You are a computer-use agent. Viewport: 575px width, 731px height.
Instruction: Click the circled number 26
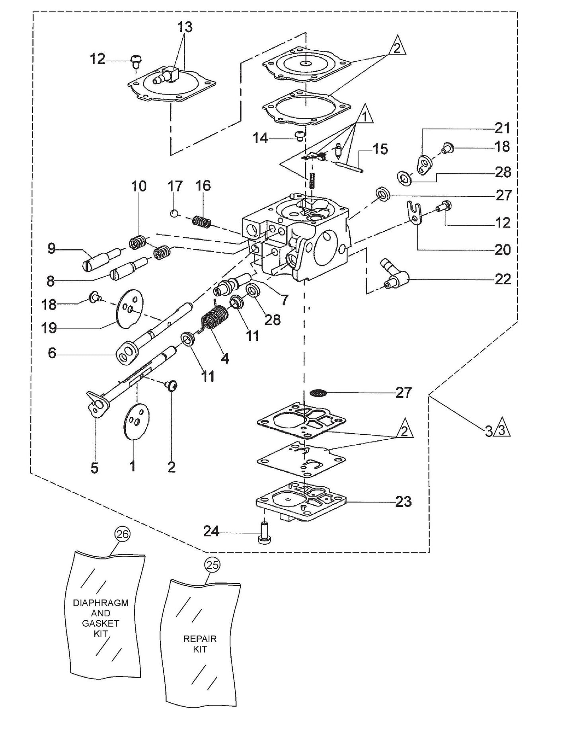pyautogui.click(x=123, y=534)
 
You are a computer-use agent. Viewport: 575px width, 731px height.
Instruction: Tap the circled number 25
pyautogui.click(x=212, y=565)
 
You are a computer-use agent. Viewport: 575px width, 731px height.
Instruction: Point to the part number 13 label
pyautogui.click(x=185, y=27)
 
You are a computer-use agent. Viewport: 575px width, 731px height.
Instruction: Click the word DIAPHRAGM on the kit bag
pyautogui.click(x=101, y=603)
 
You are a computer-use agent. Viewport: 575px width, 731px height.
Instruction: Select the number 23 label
pyautogui.click(x=403, y=502)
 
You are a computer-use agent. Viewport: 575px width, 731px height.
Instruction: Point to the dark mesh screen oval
pyautogui.click(x=318, y=393)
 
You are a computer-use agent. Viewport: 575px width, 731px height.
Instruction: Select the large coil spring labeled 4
pyautogui.click(x=216, y=317)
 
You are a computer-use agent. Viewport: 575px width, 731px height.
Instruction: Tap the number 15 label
pyautogui.click(x=380, y=149)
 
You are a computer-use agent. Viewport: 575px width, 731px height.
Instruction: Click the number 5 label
pyautogui.click(x=94, y=468)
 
